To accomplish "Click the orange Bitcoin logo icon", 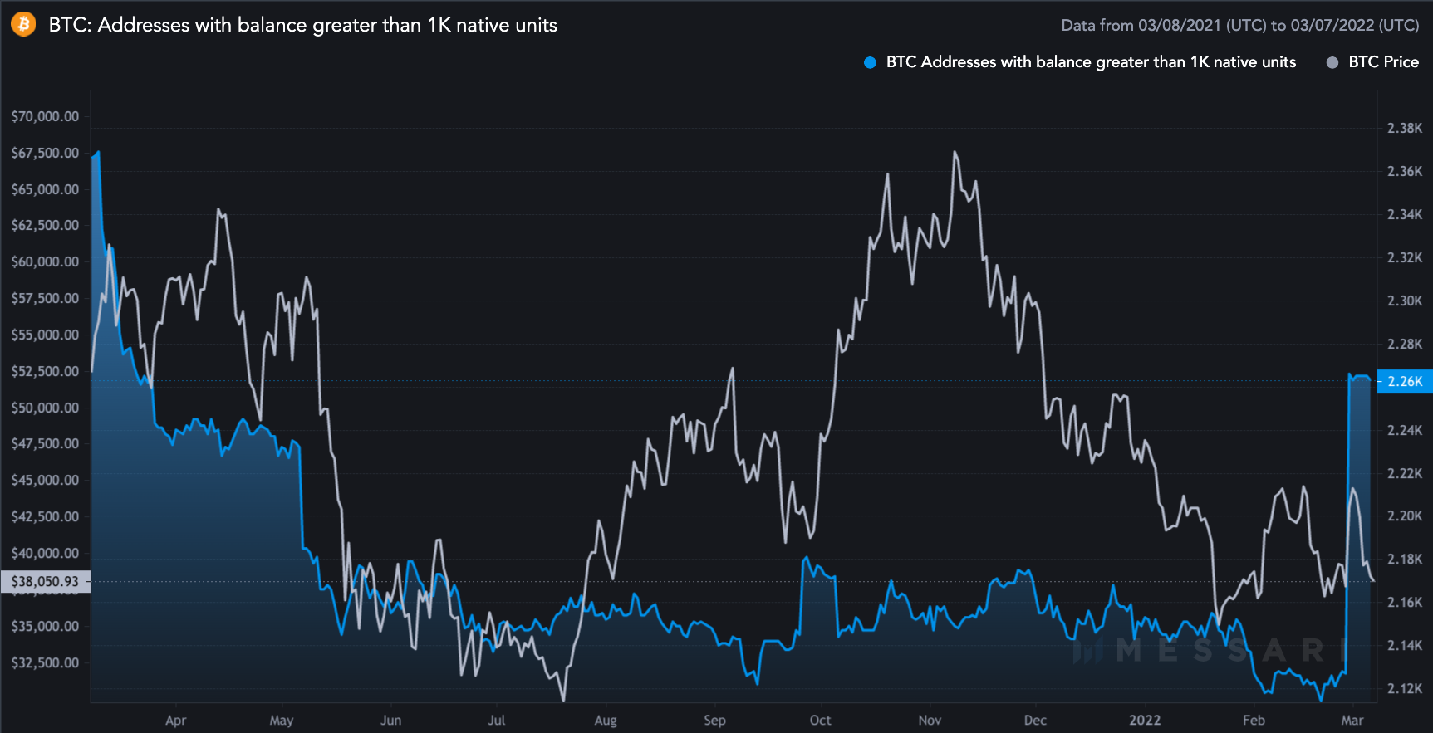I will (23, 24).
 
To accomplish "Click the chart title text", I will (302, 25).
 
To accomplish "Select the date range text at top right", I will (1239, 25).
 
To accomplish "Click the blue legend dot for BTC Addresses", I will (870, 62).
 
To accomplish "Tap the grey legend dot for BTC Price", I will (1332, 62).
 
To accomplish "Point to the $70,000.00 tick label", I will (45, 116).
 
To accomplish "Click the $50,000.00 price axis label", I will (45, 408).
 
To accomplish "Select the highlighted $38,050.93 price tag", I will (45, 581).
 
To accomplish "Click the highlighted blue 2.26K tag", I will (1405, 381).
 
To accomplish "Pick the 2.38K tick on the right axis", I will (1405, 128).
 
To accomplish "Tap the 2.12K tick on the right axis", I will (1405, 688).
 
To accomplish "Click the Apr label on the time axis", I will (175, 720).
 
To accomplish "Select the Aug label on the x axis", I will (606, 720).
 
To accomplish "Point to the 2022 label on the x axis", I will (1144, 720).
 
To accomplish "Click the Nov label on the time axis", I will (930, 720).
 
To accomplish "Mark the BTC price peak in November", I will (955, 152).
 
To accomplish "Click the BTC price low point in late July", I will (564, 701).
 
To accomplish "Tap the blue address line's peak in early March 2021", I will (99, 152).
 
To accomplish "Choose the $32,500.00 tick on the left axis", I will (45, 662).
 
